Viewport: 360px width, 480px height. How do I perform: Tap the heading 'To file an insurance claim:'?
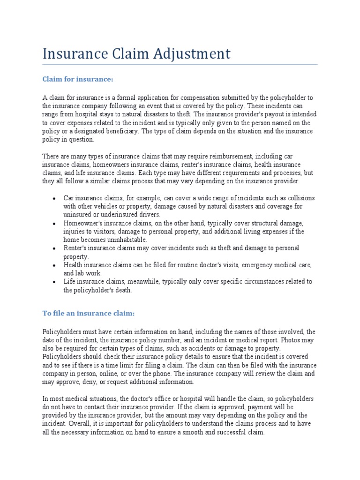(x=89, y=313)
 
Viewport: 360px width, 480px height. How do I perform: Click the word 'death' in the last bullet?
(x=123, y=290)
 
